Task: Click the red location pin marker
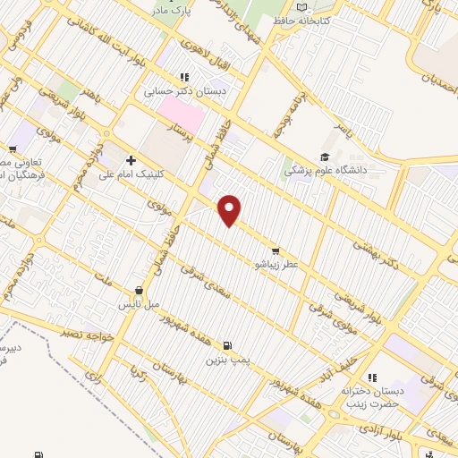point(231,209)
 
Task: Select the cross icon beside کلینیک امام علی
point(131,159)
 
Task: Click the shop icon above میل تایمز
point(140,290)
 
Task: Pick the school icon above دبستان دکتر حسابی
point(184,77)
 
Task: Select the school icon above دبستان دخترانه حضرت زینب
point(372,377)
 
